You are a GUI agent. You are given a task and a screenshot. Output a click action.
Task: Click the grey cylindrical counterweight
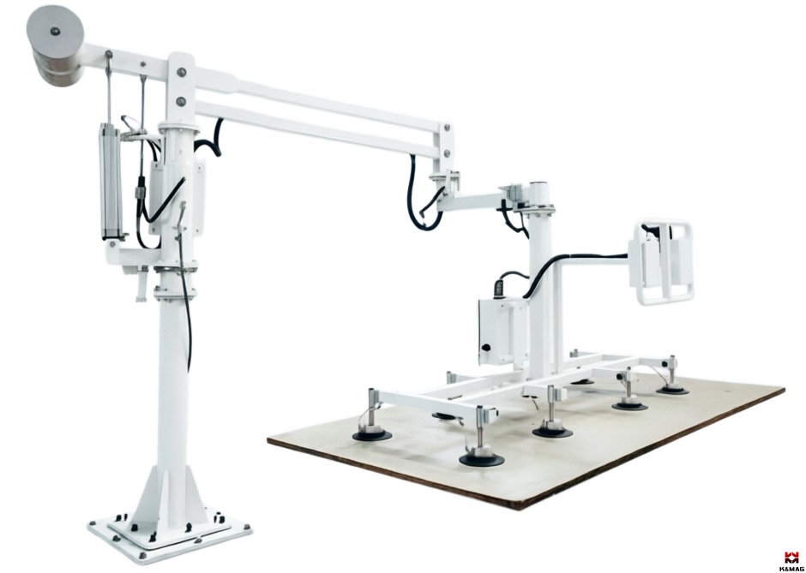click(x=56, y=45)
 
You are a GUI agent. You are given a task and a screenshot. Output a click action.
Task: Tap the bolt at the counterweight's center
click(x=55, y=31)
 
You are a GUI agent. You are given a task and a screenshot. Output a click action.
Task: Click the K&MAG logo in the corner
click(x=791, y=561)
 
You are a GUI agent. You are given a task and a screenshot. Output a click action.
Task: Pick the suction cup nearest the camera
click(x=481, y=458)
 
